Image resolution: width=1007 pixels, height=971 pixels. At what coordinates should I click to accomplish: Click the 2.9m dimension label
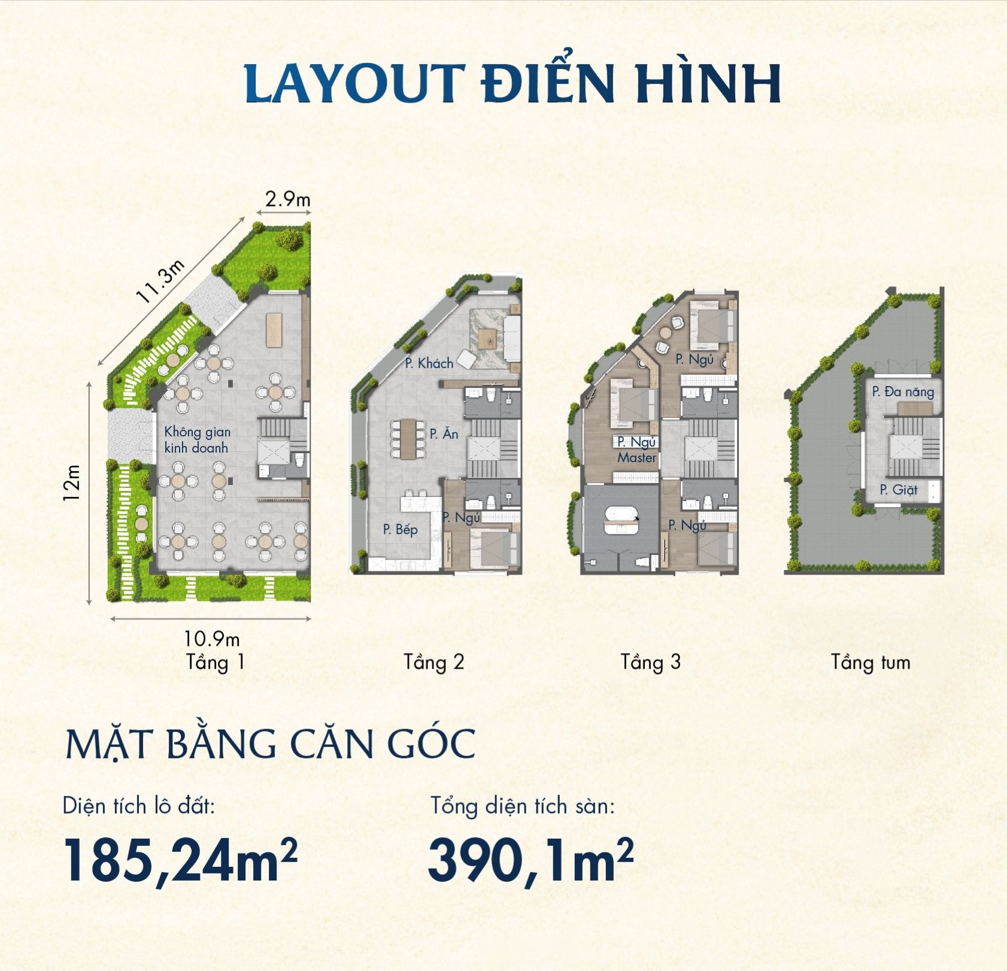tap(288, 199)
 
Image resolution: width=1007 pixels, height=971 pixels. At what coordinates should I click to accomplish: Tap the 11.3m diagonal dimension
tap(160, 282)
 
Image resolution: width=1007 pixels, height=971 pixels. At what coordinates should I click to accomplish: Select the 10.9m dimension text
tap(211, 638)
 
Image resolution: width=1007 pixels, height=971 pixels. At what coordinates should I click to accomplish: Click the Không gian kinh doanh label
tap(197, 439)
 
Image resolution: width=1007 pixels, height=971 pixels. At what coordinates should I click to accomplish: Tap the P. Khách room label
tap(429, 363)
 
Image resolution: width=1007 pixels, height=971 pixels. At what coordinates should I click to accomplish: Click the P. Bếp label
tap(400, 529)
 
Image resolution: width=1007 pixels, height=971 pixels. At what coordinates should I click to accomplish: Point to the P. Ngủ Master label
tap(637, 450)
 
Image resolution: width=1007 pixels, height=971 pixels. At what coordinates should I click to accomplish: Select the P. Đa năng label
tap(903, 392)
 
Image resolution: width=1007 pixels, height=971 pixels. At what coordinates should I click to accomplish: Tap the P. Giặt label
tap(898, 489)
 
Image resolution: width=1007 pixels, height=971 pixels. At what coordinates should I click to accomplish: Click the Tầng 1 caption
tap(216, 662)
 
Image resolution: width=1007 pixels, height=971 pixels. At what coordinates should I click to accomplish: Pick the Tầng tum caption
tap(870, 662)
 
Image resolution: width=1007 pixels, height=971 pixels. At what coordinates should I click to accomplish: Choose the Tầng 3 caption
tap(651, 662)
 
